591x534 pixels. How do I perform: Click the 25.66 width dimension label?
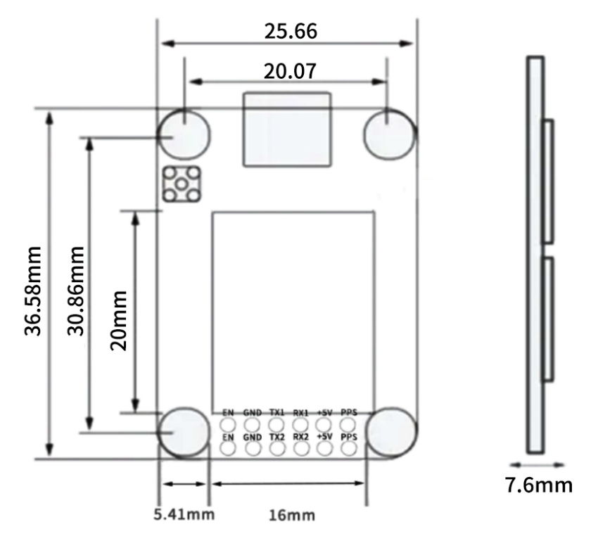coord(291,31)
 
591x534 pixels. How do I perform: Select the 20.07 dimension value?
coord(290,71)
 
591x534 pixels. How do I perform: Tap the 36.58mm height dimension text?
coord(32,291)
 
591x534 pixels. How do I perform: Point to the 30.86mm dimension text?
coord(75,291)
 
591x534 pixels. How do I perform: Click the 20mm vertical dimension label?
coord(118,321)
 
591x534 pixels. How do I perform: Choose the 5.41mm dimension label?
coord(184,514)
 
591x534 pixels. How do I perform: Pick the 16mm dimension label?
coord(292,515)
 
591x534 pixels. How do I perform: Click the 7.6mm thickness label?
coord(539,485)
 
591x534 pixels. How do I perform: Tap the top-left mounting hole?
coord(184,134)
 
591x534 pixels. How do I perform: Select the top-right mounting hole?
coord(390,134)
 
